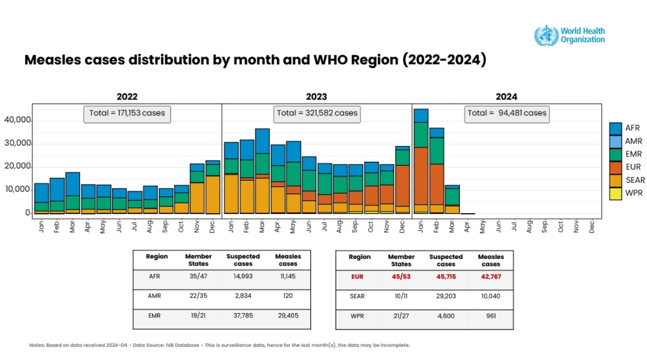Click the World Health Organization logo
coord(570,36)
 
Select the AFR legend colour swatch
coord(616,128)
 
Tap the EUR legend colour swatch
coord(616,167)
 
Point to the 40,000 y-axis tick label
coord(18,120)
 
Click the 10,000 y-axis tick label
coord(18,190)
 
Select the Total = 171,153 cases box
coord(127,114)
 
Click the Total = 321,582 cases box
coord(317,114)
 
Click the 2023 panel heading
coord(317,97)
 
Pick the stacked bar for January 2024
coord(421,161)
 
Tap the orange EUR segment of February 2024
coord(437,184)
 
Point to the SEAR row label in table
coord(357,296)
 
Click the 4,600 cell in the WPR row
coord(446,315)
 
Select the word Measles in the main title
coord(55,60)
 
